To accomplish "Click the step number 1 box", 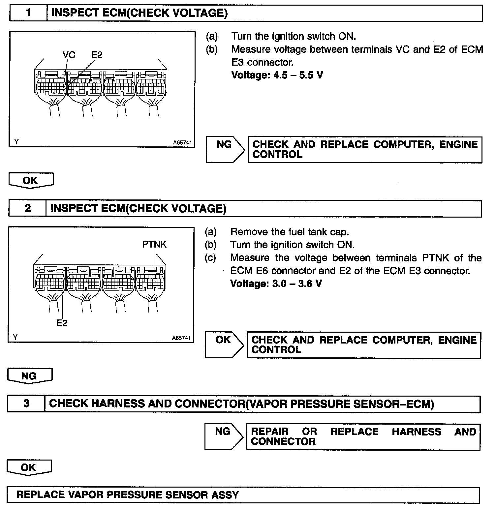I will [x=29, y=13].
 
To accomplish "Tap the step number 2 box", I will [x=27, y=208].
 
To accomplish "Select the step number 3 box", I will [x=26, y=404].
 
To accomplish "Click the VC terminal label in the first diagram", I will [x=69, y=55].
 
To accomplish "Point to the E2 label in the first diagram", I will [x=97, y=55].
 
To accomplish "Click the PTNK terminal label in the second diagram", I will [x=154, y=244].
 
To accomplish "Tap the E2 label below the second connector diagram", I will [x=62, y=323].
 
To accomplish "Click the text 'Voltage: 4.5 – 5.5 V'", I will [x=277, y=75].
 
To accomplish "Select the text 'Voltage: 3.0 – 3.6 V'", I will [x=276, y=284].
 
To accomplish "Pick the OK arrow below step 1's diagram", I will [x=31, y=181].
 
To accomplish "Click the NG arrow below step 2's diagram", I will [x=29, y=376].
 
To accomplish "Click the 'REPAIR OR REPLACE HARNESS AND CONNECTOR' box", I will [x=363, y=436].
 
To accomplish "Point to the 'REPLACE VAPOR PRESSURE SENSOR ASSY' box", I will [x=243, y=495].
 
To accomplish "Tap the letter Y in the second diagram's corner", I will [x=15, y=337].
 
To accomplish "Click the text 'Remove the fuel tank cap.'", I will [x=289, y=232].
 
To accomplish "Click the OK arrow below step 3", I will [x=29, y=467].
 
